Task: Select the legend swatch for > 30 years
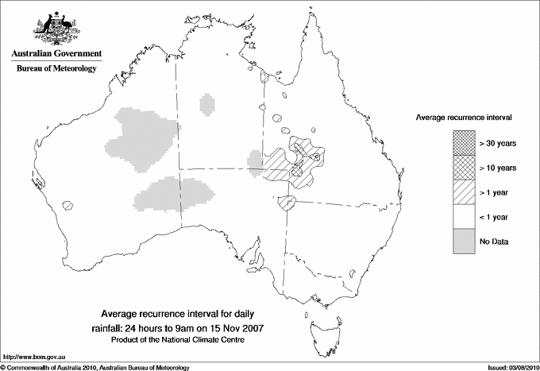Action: (x=463, y=143)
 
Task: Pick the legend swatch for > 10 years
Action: (x=463, y=168)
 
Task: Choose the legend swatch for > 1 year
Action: (x=463, y=192)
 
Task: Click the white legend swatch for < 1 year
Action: (x=463, y=217)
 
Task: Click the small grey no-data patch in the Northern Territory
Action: (x=208, y=102)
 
